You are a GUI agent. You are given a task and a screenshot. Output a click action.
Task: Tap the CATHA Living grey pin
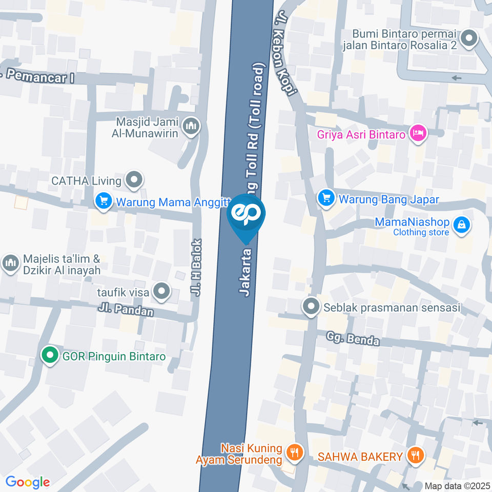tap(135, 179)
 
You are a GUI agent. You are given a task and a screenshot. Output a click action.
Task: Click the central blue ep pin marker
tap(246, 215)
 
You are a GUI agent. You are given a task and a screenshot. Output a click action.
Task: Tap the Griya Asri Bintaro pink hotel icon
tap(419, 133)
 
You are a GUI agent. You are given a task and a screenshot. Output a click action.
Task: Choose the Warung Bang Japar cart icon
tap(326, 198)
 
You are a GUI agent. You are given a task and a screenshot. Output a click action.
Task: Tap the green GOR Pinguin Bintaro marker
tap(49, 355)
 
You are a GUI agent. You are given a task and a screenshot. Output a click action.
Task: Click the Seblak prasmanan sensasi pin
tap(311, 307)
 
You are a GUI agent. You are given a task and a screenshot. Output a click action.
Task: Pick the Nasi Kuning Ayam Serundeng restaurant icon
tap(294, 452)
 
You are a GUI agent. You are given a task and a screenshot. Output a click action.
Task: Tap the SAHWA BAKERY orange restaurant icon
tap(414, 455)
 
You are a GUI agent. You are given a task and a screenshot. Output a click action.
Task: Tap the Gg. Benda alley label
tap(354, 339)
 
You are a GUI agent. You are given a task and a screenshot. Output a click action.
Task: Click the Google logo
tap(27, 482)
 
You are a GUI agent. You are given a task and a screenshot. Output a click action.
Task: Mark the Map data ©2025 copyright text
tap(457, 486)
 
